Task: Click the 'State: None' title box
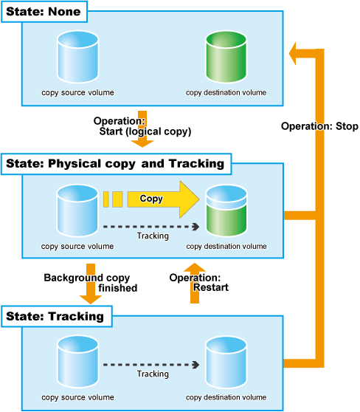(44, 12)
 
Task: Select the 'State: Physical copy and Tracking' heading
(116, 164)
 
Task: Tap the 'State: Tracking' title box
(57, 316)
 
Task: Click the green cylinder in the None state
(226, 57)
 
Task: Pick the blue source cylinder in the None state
(77, 57)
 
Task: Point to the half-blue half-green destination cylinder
(226, 210)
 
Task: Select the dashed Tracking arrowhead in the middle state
(196, 227)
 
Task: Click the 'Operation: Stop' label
(319, 126)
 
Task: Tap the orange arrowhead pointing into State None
(293, 53)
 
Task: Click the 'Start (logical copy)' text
(145, 131)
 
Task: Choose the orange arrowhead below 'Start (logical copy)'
(142, 143)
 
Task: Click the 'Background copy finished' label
(90, 283)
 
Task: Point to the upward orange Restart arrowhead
(195, 267)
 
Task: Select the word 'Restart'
(211, 287)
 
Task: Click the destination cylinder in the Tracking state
(226, 363)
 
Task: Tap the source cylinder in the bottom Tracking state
(77, 363)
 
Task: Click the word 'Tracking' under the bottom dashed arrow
(153, 374)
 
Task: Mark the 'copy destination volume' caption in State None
(226, 93)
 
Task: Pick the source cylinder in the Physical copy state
(77, 210)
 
